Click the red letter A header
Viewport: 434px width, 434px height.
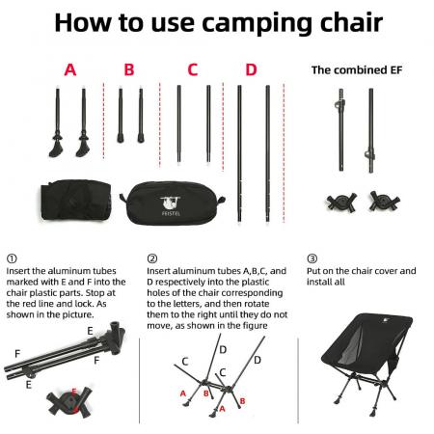click(x=69, y=69)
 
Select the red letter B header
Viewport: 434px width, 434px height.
click(x=129, y=69)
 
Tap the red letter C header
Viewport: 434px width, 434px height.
click(x=193, y=69)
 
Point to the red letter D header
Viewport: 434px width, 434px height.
click(x=252, y=69)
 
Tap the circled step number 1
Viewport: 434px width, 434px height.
click(x=11, y=258)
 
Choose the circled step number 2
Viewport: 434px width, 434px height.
click(x=152, y=258)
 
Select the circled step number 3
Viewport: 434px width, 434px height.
click(x=312, y=258)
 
